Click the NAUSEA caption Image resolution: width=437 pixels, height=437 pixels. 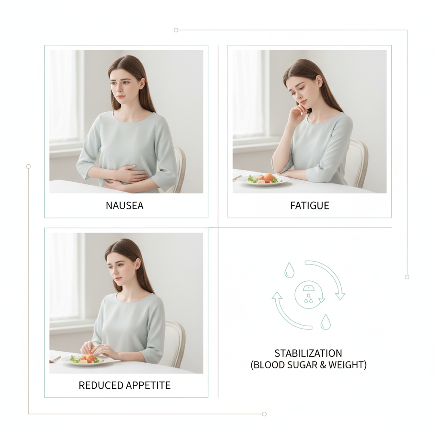tap(125, 206)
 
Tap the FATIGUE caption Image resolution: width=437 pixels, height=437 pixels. tap(309, 206)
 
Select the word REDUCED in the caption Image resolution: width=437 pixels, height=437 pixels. tap(99, 385)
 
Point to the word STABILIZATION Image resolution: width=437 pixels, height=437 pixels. tap(308, 353)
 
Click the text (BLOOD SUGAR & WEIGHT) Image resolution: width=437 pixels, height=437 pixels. tap(308, 365)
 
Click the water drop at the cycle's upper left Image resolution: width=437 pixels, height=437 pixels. tap(289, 270)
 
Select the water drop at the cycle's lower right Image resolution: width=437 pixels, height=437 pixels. tap(326, 322)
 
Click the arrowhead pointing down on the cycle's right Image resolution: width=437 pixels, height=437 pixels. tap(340, 295)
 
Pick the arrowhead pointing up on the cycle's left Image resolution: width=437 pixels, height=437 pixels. tap(277, 296)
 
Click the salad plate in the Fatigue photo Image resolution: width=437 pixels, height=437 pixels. tap(264, 179)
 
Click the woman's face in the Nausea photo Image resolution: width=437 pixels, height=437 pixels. tap(124, 84)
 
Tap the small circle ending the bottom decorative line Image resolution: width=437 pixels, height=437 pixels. tap(264, 414)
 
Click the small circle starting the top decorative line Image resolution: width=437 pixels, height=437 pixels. tap(176, 30)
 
